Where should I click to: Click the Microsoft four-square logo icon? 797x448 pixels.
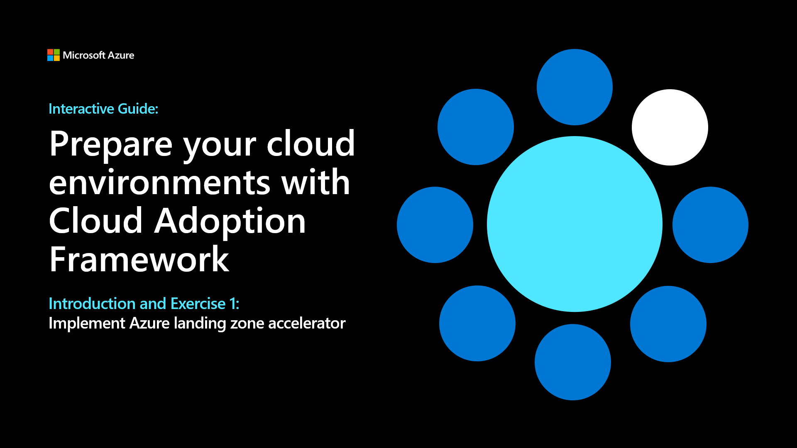(53, 55)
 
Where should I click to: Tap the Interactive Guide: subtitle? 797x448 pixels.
(103, 109)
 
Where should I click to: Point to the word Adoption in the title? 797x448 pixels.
(230, 222)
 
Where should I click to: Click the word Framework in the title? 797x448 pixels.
(139, 259)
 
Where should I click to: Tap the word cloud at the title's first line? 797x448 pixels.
(310, 144)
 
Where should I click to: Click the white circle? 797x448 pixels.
(670, 127)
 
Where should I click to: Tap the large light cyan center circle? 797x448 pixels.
(575, 224)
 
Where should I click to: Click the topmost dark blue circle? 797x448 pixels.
(575, 87)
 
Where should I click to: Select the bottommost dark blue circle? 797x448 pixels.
(572, 362)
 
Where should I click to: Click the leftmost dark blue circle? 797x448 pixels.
(435, 225)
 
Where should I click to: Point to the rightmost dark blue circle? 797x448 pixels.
(710, 225)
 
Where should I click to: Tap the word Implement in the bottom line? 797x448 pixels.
(87, 324)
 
